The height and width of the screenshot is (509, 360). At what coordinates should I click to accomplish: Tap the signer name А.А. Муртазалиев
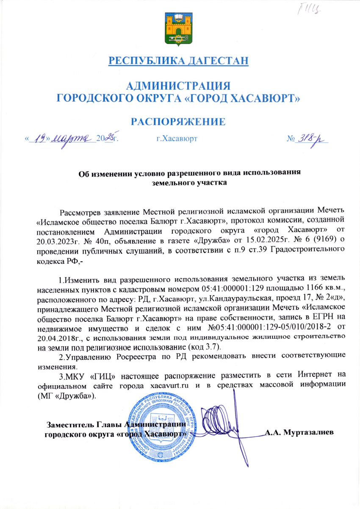point(299,432)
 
